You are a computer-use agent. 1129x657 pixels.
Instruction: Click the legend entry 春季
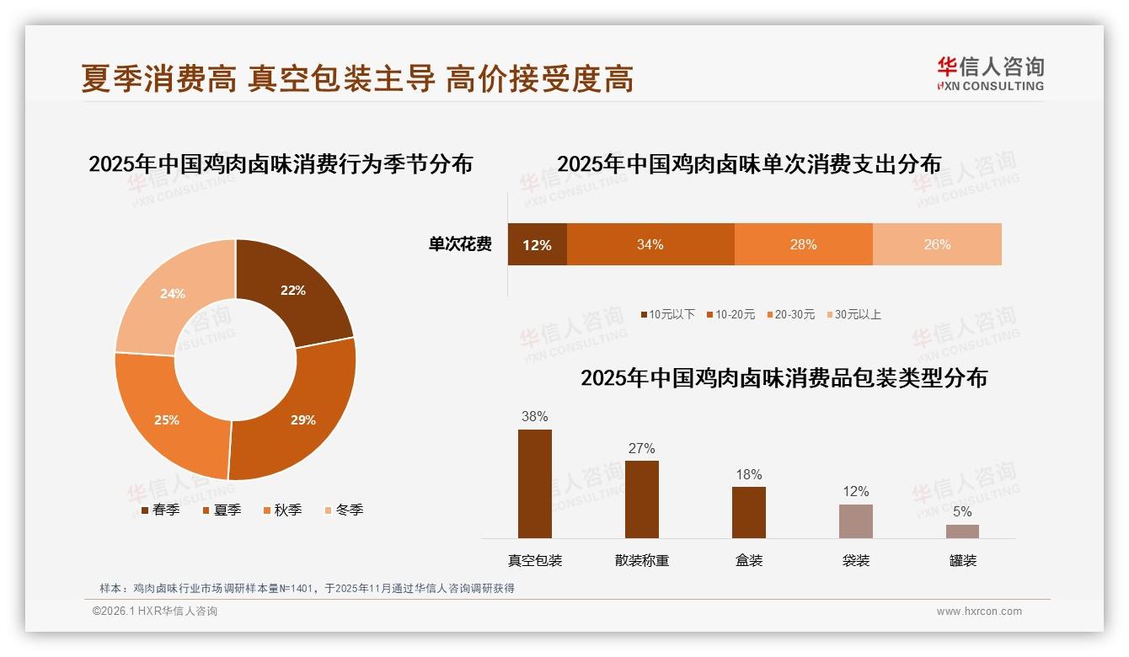(x=159, y=510)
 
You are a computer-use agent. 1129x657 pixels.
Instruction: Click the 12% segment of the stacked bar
(x=537, y=245)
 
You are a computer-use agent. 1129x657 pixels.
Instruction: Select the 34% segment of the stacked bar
(x=650, y=245)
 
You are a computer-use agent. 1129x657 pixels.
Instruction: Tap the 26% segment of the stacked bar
(x=937, y=245)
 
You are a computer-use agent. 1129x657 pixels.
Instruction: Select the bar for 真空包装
(x=535, y=483)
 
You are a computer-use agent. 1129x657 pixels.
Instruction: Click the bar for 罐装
(x=962, y=531)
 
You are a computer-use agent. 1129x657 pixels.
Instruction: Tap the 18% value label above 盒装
(x=748, y=475)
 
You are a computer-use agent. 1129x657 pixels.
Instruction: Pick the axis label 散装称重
(x=641, y=561)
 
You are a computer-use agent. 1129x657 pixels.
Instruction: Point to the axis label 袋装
(x=856, y=561)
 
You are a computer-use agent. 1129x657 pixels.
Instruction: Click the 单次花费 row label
(x=460, y=245)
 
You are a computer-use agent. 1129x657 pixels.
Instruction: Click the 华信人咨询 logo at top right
(x=990, y=74)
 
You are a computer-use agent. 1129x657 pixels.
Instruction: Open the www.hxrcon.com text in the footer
(x=979, y=612)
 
